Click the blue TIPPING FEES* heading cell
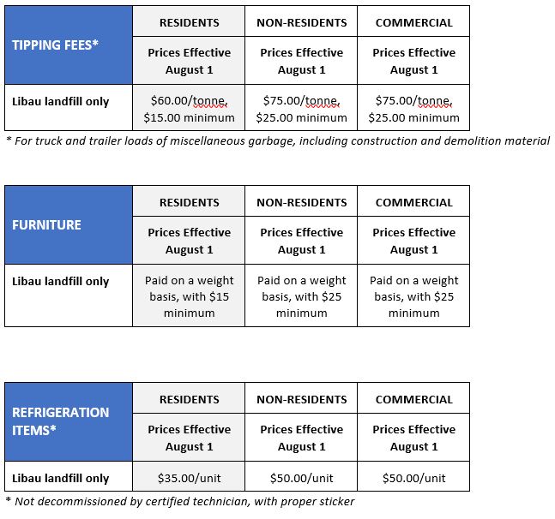click(x=69, y=45)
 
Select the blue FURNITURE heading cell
click(x=69, y=225)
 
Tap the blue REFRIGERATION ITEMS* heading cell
click(x=69, y=421)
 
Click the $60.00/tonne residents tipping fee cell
click(x=189, y=109)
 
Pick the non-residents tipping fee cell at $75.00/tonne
click(x=301, y=109)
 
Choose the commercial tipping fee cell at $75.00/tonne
click(x=413, y=109)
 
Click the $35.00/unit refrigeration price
click(x=189, y=478)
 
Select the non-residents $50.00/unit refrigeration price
click(x=301, y=478)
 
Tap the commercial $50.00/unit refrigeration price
click(x=413, y=478)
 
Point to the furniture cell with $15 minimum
click(x=189, y=296)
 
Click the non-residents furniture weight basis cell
click(x=301, y=296)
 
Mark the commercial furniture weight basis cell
click(x=413, y=296)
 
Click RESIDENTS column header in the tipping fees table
click(x=189, y=22)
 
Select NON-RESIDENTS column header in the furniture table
click(x=301, y=203)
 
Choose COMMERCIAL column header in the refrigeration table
click(x=413, y=399)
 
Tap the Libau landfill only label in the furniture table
click(x=61, y=281)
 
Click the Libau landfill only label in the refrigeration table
click(x=61, y=478)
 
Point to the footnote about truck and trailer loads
click(x=277, y=140)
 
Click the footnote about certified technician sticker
click(x=179, y=501)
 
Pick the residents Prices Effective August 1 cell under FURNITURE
click(x=189, y=241)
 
